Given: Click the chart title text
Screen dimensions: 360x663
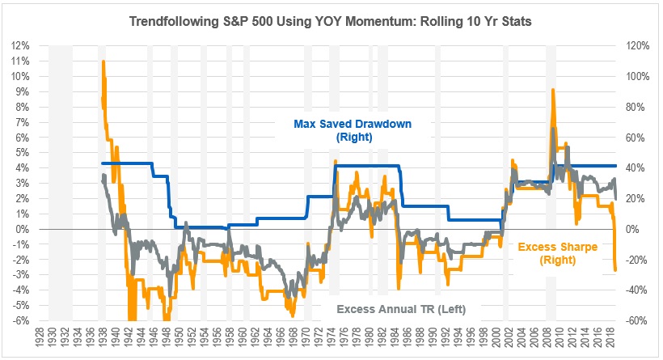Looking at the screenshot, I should point(331,19).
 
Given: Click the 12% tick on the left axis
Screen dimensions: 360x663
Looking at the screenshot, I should point(20,45).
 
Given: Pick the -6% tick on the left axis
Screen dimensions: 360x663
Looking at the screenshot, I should point(20,320).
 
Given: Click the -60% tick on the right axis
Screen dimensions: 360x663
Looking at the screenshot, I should point(634,320).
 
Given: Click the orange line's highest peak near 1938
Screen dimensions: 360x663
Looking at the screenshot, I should point(103,61).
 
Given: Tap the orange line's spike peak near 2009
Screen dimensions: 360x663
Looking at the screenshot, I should point(553,90).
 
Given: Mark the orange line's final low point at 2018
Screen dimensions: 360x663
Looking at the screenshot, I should point(614,270).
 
